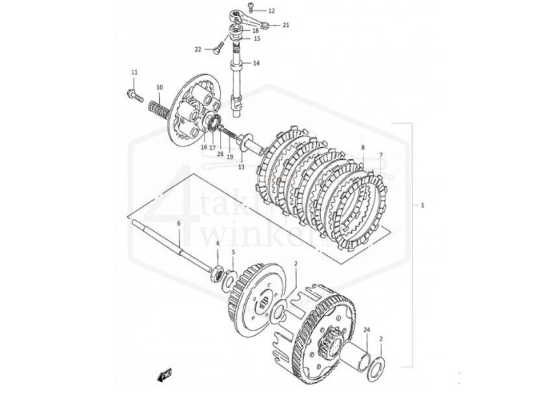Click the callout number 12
point(271,11)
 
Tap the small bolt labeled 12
point(252,8)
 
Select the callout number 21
point(286,25)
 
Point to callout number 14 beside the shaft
point(256,64)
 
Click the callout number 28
point(220,154)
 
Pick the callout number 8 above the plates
point(362,147)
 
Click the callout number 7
point(380,155)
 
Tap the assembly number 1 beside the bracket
point(422,204)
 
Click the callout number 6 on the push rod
point(179,223)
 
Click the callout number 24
point(367,330)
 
